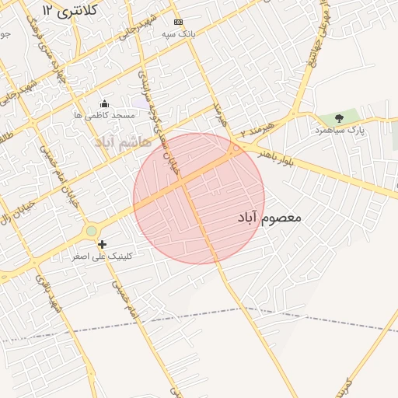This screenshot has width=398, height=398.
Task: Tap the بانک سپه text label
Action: click(178, 34)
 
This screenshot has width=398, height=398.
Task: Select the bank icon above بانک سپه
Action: click(179, 22)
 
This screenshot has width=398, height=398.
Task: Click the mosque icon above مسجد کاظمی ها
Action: click(105, 103)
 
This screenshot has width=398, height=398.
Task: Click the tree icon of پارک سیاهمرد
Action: click(339, 118)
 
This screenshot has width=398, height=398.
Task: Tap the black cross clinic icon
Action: click(102, 244)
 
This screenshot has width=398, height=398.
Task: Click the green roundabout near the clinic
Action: click(92, 231)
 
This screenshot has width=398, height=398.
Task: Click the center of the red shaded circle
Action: click(199, 198)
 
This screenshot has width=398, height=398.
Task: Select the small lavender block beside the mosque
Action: click(140, 102)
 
